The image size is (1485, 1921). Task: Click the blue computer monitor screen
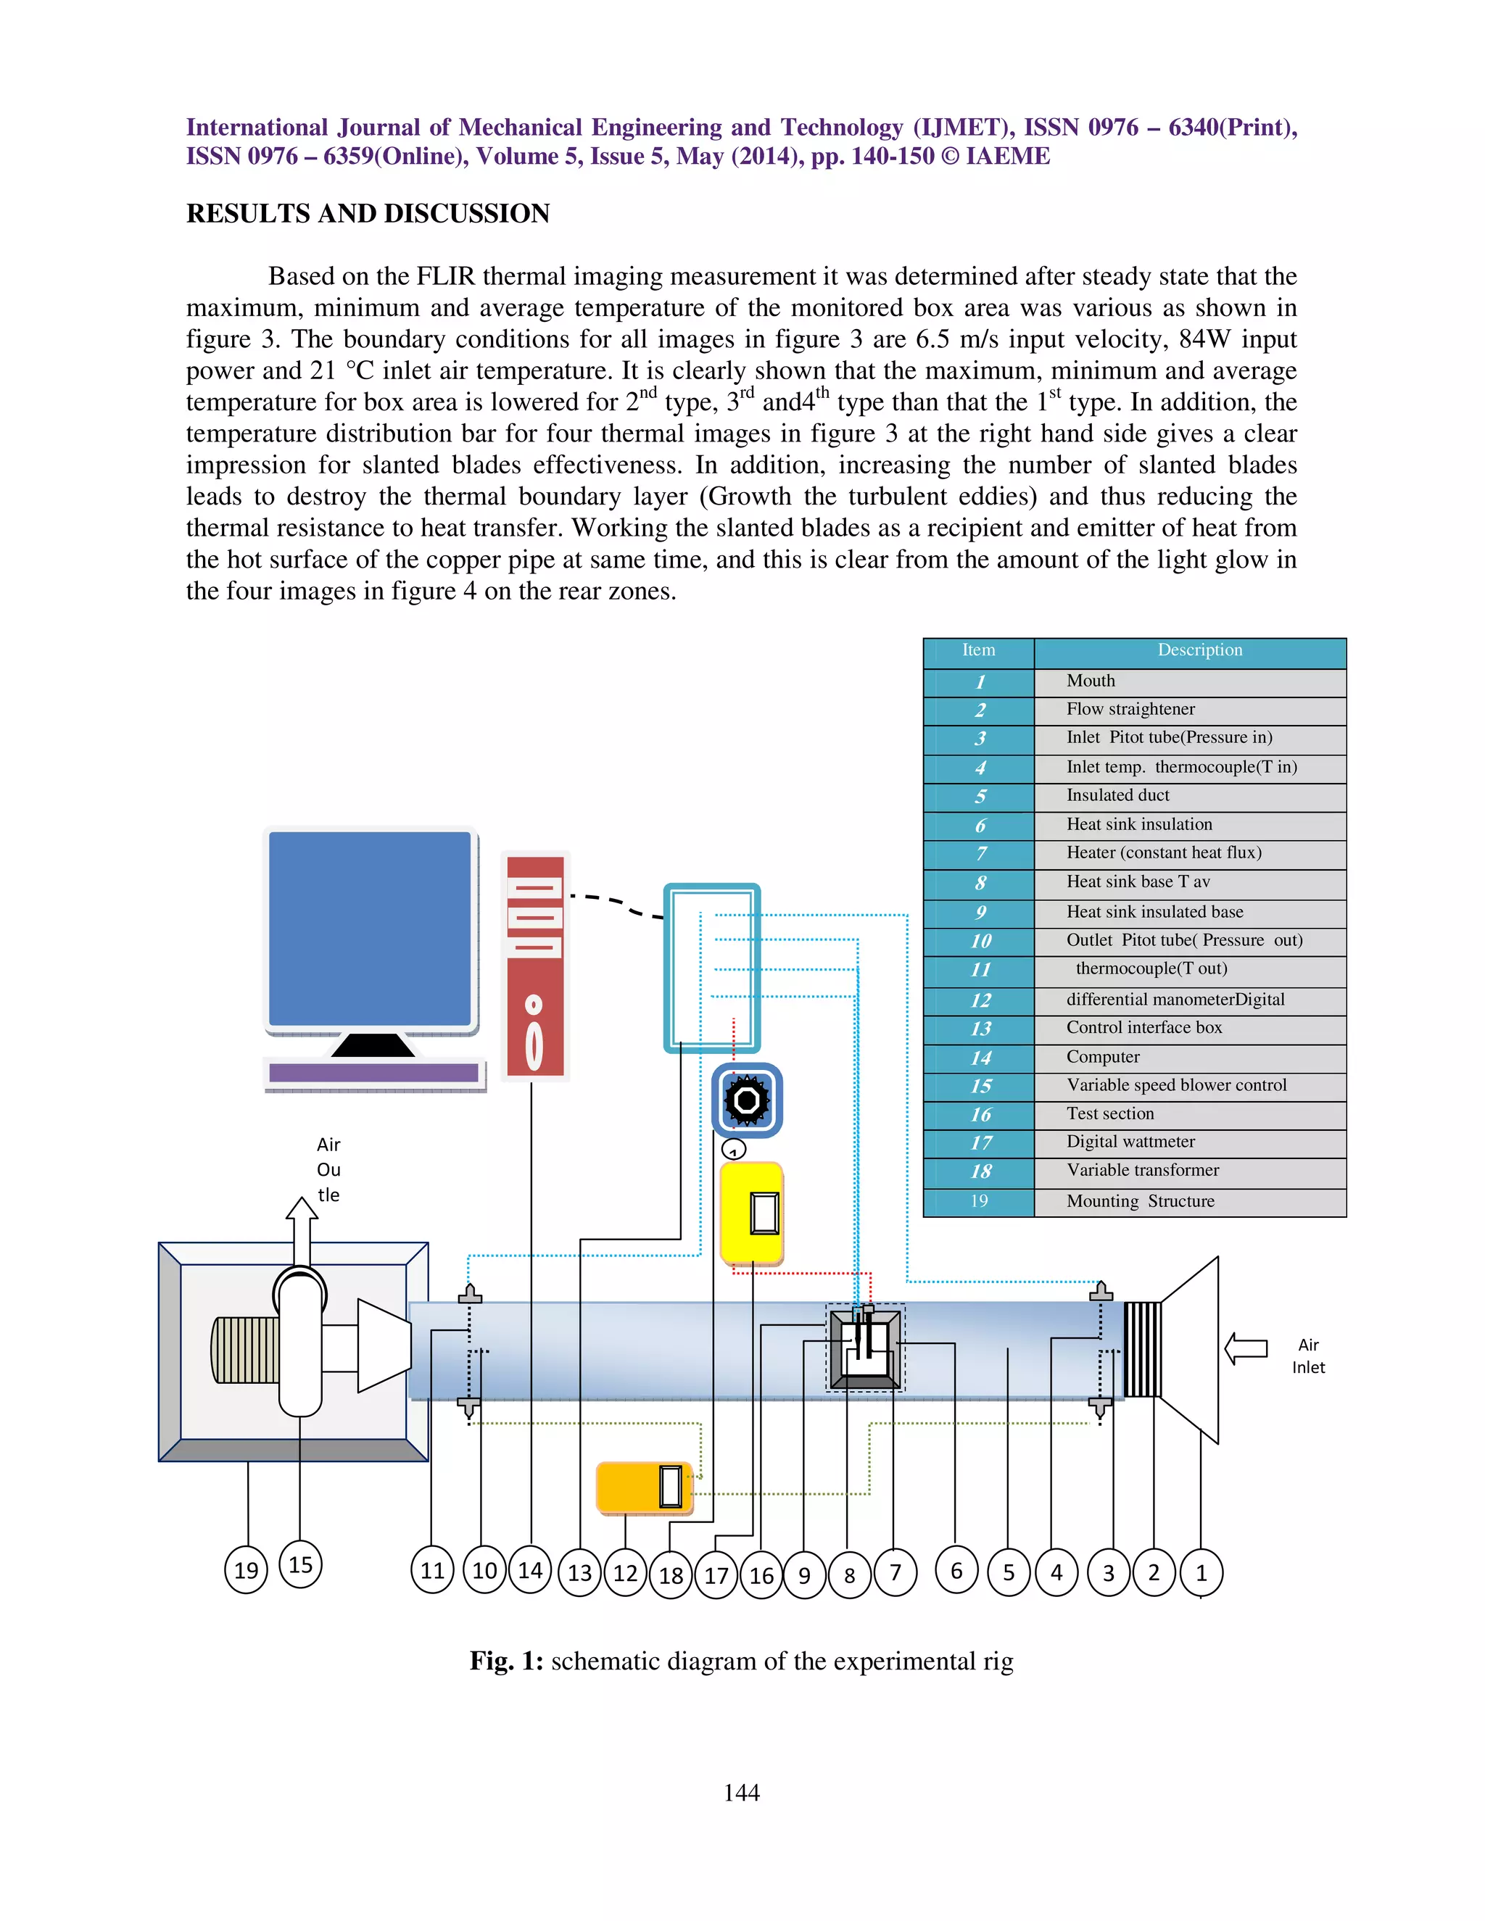click(x=370, y=928)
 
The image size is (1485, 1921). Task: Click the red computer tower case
click(x=535, y=965)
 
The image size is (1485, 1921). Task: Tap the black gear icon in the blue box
click(x=747, y=1100)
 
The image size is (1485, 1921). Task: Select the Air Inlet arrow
click(x=1246, y=1348)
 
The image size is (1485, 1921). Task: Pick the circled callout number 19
click(x=247, y=1570)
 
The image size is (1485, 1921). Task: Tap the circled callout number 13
click(x=580, y=1573)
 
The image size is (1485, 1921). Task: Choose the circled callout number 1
click(x=1201, y=1573)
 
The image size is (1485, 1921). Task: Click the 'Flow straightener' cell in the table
click(x=1130, y=709)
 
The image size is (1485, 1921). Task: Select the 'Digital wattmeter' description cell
click(x=1130, y=1142)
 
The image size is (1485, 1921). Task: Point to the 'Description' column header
click(x=1199, y=650)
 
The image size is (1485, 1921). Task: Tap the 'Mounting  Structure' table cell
click(x=1140, y=1200)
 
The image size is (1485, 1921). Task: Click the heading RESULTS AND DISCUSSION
click(x=368, y=214)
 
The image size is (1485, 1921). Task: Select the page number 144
click(x=742, y=1792)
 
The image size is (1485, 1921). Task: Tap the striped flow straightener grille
click(x=1142, y=1348)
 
